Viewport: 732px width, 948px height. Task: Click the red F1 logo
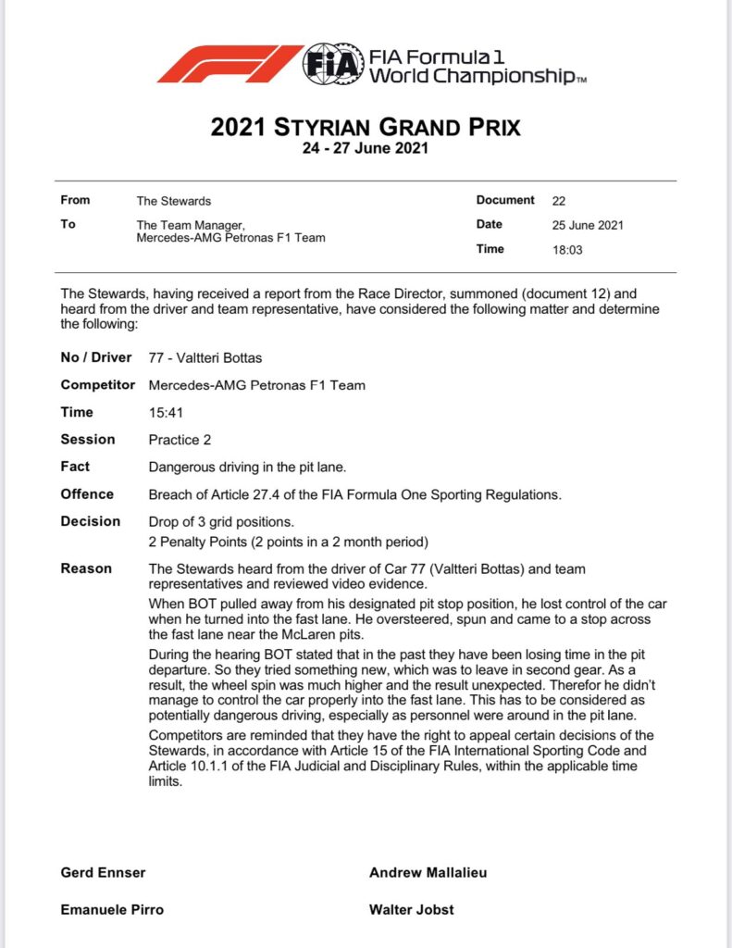click(230, 64)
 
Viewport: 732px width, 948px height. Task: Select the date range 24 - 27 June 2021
click(366, 147)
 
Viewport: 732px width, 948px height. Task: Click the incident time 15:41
click(165, 413)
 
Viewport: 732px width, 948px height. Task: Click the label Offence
click(87, 494)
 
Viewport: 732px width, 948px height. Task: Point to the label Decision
click(90, 521)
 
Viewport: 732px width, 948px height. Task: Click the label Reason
click(86, 568)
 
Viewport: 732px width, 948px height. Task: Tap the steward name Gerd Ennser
click(103, 873)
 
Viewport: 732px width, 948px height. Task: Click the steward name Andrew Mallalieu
click(428, 873)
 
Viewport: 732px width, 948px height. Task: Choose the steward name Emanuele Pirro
click(112, 910)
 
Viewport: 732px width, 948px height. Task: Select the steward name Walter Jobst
click(411, 910)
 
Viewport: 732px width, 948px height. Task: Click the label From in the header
click(75, 200)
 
